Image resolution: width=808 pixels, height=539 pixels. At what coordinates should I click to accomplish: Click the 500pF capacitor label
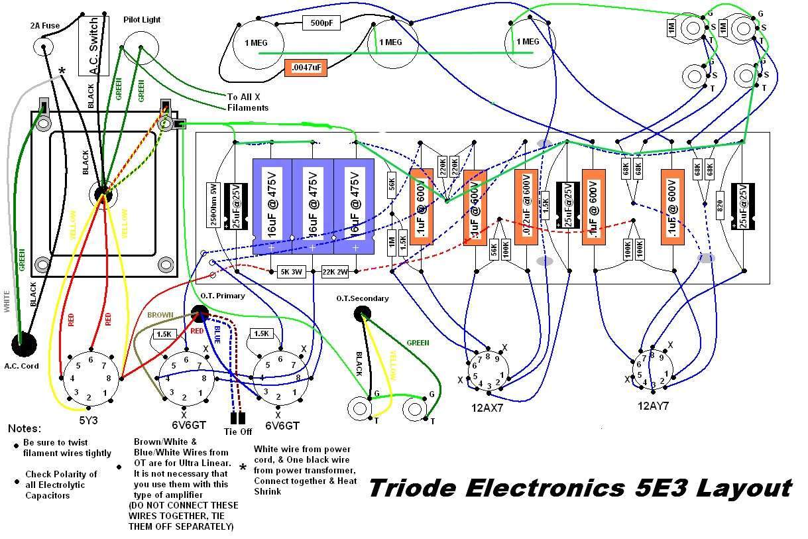click(x=321, y=23)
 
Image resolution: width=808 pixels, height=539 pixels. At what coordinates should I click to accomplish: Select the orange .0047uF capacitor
click(x=306, y=67)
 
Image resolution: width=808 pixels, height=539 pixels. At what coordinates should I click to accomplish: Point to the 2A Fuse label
click(x=44, y=26)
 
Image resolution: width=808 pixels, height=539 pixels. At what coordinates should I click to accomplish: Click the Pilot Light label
click(x=142, y=20)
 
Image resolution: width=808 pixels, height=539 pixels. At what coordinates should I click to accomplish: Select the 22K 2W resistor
click(x=336, y=272)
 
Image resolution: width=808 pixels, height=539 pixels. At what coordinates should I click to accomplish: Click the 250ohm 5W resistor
click(x=213, y=204)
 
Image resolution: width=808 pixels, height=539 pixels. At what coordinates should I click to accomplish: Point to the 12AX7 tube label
click(x=487, y=408)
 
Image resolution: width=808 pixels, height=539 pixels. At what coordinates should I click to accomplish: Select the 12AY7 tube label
click(x=654, y=406)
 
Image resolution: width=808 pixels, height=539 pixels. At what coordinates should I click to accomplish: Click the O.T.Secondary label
click(x=362, y=298)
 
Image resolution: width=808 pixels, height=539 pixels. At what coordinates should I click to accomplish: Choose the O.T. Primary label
click(x=222, y=296)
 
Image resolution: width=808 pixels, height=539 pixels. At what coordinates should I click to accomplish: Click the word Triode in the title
click(x=413, y=488)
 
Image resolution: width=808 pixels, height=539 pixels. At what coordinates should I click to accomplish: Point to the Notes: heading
click(x=25, y=429)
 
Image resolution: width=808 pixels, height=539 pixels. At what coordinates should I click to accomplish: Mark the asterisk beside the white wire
click(x=63, y=70)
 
